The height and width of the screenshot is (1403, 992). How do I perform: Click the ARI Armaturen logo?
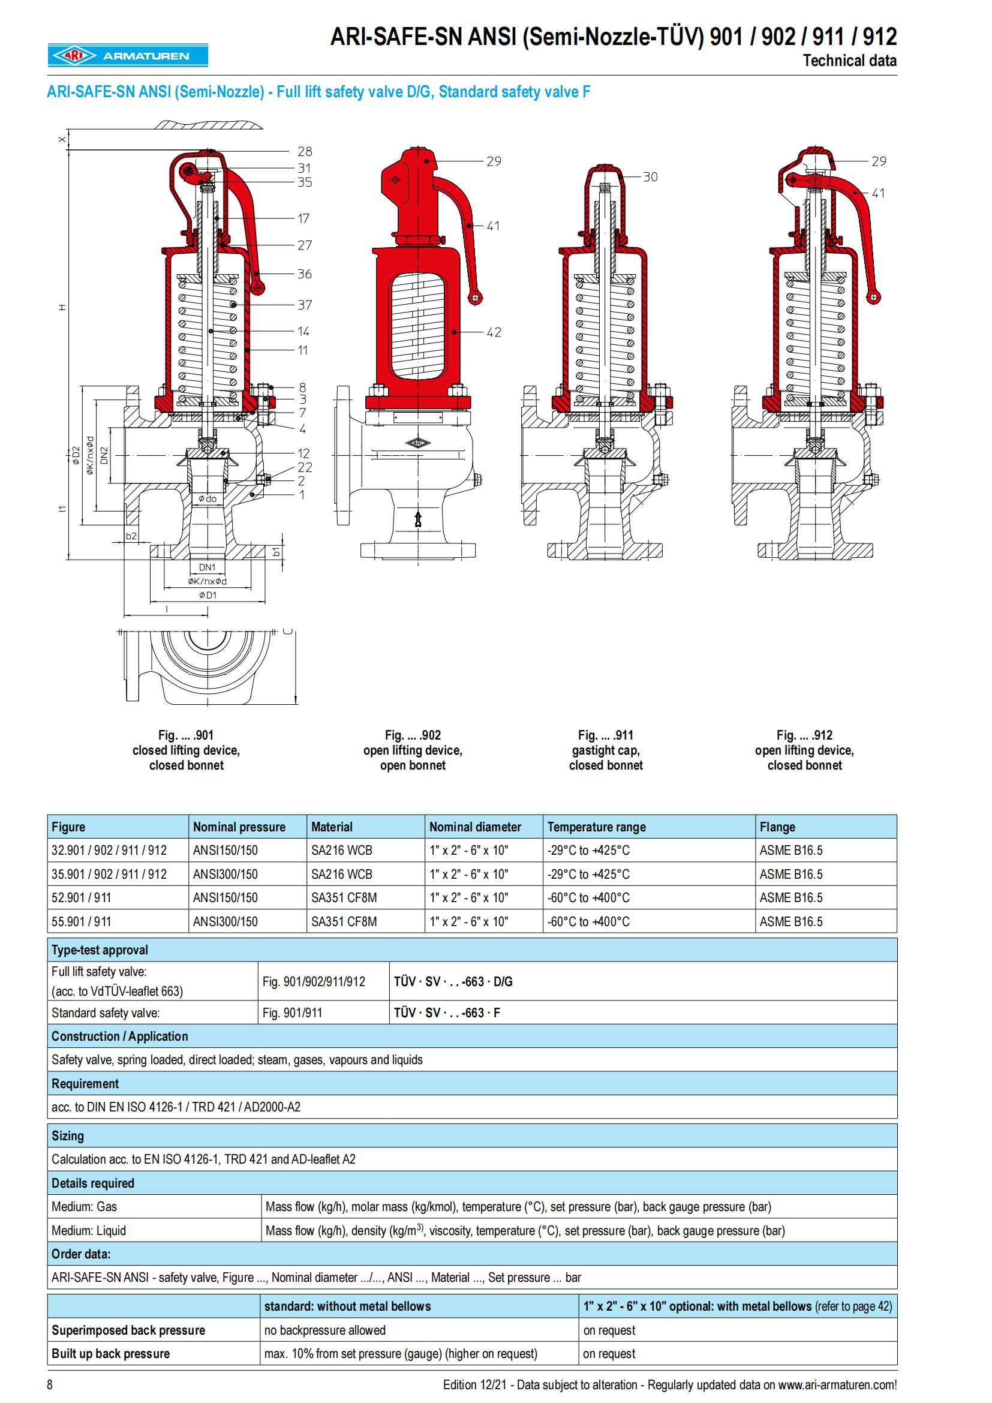(128, 56)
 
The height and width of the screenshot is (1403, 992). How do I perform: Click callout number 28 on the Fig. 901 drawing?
(304, 151)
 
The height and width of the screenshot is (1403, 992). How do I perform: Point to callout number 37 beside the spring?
(304, 304)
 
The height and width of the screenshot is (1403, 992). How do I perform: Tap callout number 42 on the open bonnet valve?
(494, 332)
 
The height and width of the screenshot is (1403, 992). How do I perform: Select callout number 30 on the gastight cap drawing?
(650, 176)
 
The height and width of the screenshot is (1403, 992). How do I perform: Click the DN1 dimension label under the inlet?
(207, 567)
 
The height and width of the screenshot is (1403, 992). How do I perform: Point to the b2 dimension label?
(131, 536)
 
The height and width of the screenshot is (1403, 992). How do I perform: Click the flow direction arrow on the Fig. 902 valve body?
(418, 519)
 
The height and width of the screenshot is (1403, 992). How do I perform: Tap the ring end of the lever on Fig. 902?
(474, 298)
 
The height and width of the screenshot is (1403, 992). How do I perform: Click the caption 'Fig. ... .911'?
(605, 735)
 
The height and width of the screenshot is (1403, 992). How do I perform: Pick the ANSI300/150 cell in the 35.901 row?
(226, 874)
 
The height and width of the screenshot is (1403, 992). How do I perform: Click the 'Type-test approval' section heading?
(100, 950)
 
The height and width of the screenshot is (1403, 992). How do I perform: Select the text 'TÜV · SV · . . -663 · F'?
(447, 1013)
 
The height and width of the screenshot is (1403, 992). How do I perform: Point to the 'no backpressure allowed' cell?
(324, 1330)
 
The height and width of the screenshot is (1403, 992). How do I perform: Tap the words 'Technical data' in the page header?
(849, 61)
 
